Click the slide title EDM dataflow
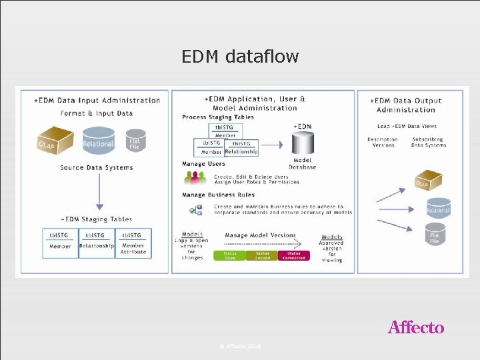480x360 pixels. (240, 57)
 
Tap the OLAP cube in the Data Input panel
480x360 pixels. (55, 141)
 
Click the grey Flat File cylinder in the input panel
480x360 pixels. (135, 141)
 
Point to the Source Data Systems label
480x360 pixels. (97, 167)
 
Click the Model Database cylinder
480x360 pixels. (302, 146)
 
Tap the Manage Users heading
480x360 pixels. (203, 163)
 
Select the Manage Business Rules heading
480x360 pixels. (218, 195)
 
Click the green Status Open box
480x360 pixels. (229, 255)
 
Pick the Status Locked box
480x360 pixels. (262, 255)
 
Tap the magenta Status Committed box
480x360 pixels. (294, 255)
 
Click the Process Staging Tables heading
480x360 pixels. (218, 117)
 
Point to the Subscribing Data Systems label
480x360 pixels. (428, 142)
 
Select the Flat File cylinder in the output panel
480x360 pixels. (435, 234)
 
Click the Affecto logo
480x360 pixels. (415, 327)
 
